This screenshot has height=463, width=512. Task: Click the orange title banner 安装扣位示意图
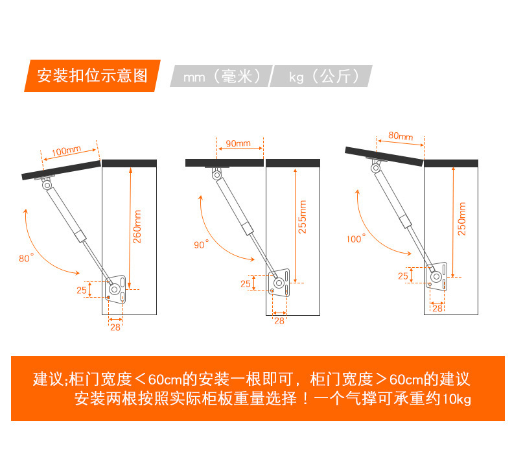[92, 76]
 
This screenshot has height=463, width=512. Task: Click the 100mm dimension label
[65, 151]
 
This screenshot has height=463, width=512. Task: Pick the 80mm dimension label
[401, 137]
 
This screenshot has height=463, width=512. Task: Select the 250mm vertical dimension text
[461, 219]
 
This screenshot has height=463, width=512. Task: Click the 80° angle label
[26, 258]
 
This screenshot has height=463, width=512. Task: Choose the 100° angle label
[355, 239]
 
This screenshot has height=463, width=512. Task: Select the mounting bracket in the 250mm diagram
[439, 277]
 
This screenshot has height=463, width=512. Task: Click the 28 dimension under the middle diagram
[279, 320]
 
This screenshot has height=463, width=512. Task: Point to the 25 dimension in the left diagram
[82, 290]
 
